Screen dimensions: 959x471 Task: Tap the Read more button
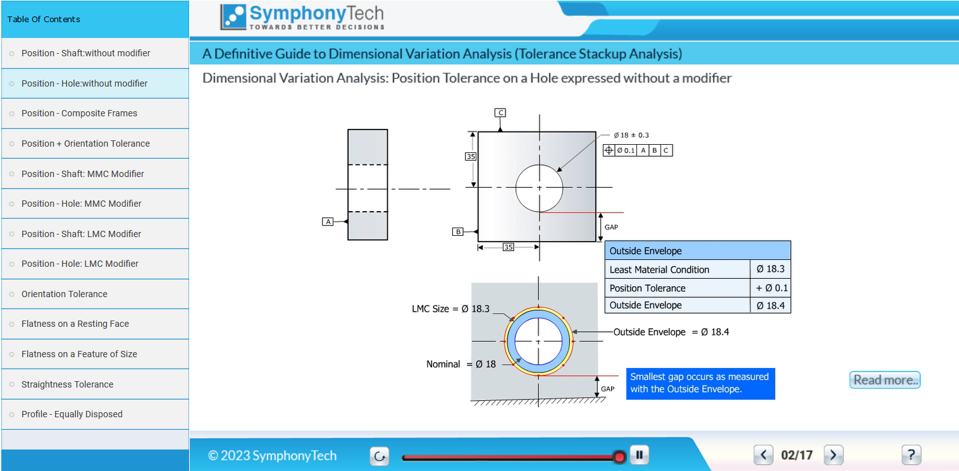885,380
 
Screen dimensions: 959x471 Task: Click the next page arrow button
834,455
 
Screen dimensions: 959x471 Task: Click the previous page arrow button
764,455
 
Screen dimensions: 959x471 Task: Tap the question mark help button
912,455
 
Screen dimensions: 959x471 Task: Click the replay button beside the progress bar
380,456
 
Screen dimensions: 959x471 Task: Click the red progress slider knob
619,457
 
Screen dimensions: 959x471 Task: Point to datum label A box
328,222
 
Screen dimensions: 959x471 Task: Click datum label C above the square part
500,113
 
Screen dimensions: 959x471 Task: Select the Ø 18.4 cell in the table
770,305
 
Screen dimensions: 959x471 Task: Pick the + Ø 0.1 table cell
770,288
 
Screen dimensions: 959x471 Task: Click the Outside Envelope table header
697,251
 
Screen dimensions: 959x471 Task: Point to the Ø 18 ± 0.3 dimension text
631,135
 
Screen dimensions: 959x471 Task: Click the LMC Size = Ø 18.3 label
450,309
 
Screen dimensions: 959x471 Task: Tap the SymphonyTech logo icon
233,17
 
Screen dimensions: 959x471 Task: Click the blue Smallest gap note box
700,384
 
